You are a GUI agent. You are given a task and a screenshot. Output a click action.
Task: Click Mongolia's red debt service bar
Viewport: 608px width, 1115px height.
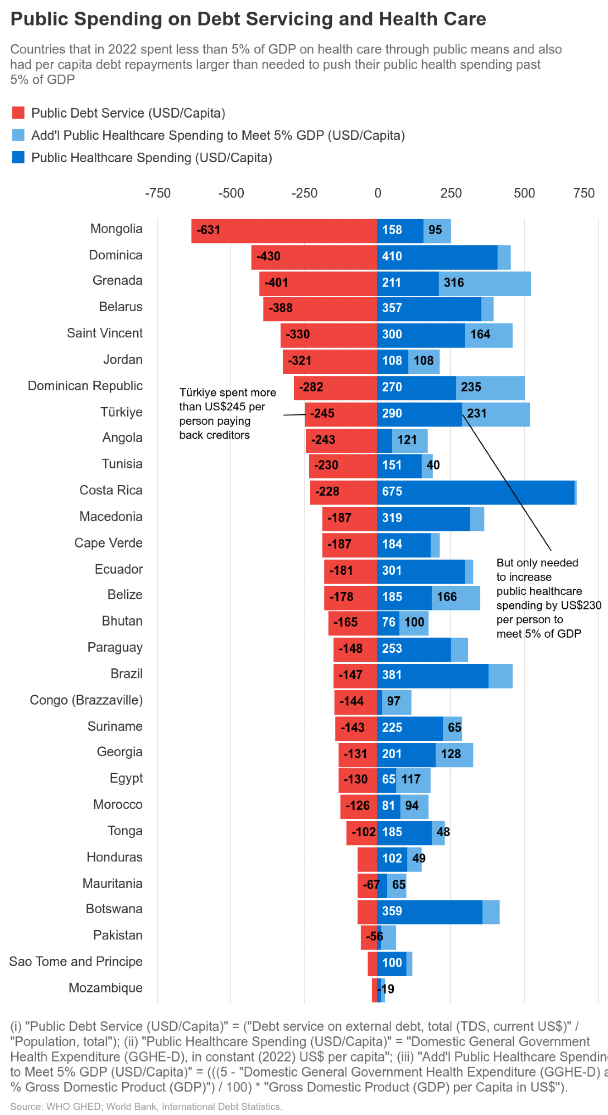(284, 231)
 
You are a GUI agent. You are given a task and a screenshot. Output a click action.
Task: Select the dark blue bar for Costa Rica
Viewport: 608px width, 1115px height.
(475, 492)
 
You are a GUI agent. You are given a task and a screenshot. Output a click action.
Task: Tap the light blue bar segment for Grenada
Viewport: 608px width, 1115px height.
(484, 283)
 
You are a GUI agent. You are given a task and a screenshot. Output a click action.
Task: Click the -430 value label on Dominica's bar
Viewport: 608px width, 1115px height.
(268, 256)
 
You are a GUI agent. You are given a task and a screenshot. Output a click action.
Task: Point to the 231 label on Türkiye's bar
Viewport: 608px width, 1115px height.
(477, 414)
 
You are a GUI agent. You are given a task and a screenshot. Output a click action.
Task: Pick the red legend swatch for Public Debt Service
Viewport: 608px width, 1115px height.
(18, 113)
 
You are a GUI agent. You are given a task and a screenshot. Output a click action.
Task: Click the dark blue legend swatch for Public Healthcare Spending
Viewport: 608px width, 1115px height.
(18, 158)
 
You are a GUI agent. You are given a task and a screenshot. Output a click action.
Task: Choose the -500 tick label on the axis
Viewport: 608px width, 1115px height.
(231, 193)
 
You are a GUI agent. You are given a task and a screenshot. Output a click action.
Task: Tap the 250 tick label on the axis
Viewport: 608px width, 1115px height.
(451, 193)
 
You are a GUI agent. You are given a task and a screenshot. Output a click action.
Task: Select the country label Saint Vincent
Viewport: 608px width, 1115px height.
(104, 333)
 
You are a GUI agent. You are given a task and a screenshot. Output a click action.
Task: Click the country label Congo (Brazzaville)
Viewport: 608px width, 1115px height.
(86, 700)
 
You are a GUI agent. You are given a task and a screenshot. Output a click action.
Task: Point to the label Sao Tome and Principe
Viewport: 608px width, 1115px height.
(75, 962)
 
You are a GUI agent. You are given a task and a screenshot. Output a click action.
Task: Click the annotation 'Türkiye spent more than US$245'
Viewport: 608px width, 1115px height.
(227, 414)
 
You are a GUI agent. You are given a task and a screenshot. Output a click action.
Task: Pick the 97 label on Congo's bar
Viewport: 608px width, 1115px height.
(394, 701)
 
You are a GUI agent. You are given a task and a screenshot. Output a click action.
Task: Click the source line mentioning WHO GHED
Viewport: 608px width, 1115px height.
(146, 1107)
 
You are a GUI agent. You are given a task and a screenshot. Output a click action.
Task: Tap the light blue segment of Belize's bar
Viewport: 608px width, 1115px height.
(456, 598)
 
